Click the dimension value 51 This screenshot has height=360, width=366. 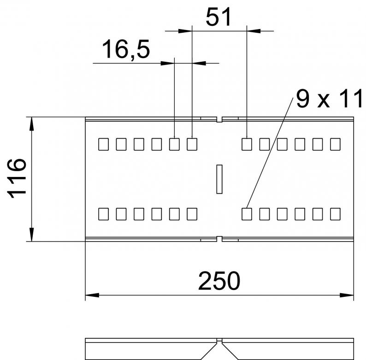218,17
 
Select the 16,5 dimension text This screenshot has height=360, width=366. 126,49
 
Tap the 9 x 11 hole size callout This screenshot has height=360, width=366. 329,99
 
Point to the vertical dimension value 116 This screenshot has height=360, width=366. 17,178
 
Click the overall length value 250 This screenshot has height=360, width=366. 219,281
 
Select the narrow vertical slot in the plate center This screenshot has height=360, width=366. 219,179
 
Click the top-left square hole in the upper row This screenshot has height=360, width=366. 103,144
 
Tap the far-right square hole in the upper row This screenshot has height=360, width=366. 335,144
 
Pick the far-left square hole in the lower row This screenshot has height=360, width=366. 103,214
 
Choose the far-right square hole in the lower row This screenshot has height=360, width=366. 335,214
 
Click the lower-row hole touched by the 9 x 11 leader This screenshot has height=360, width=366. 247,214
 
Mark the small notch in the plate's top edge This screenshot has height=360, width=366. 219,119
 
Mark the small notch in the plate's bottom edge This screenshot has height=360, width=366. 219,239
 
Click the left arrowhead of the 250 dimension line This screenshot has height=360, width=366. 92,295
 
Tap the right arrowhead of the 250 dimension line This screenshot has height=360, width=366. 347,295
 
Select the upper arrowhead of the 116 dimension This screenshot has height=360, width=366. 32,124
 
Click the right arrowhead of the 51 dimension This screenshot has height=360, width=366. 254,30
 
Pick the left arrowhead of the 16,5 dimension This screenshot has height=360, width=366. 168,63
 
